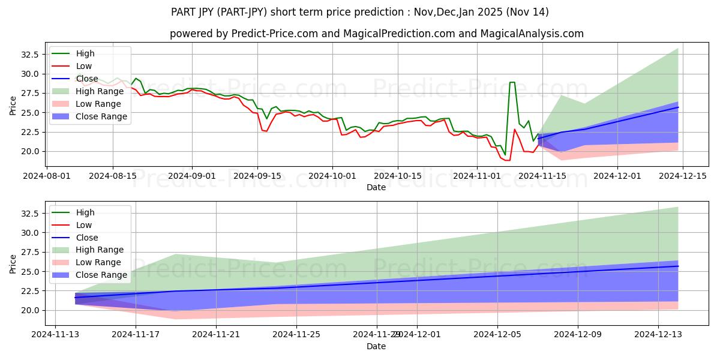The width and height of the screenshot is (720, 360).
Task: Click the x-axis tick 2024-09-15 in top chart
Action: pyautogui.click(x=257, y=176)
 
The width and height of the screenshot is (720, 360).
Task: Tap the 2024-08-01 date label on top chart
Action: pyautogui.click(x=47, y=176)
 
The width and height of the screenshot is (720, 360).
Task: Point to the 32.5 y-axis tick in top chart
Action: pyautogui.click(x=29, y=55)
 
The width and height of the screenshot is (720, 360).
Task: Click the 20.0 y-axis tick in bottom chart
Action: pyautogui.click(x=29, y=310)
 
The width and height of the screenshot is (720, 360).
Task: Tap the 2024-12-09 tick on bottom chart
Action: pyautogui.click(x=578, y=335)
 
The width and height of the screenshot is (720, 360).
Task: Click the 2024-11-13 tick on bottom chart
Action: pyautogui.click(x=55, y=335)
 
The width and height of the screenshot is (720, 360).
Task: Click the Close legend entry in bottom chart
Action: pyautogui.click(x=87, y=238)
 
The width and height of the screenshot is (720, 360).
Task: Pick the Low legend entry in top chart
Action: pyautogui.click(x=84, y=66)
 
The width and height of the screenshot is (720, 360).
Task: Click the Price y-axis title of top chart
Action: pyautogui.click(x=13, y=106)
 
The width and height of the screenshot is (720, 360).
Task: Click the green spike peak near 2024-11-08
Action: pyautogui.click(x=512, y=82)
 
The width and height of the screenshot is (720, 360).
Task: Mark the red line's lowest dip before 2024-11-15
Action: pyautogui.click(x=506, y=160)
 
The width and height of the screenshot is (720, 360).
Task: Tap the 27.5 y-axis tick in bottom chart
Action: pyautogui.click(x=29, y=252)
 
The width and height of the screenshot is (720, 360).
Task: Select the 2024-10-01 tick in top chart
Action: pyautogui.click(x=332, y=176)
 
